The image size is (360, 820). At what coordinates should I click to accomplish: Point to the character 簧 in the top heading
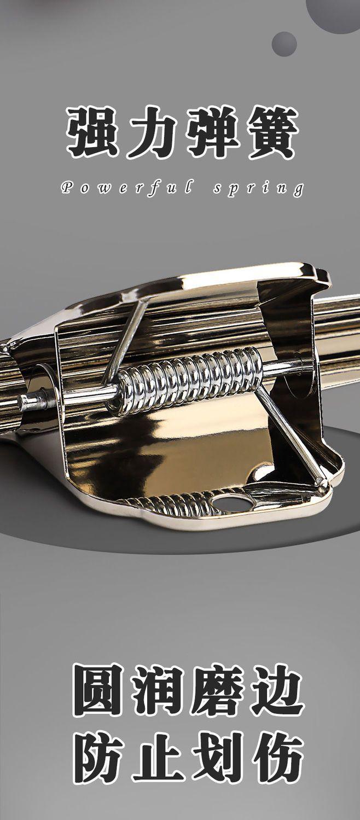coord(272,132)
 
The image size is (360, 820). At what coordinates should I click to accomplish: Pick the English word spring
coord(258,189)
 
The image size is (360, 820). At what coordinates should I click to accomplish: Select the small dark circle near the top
coord(284,44)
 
